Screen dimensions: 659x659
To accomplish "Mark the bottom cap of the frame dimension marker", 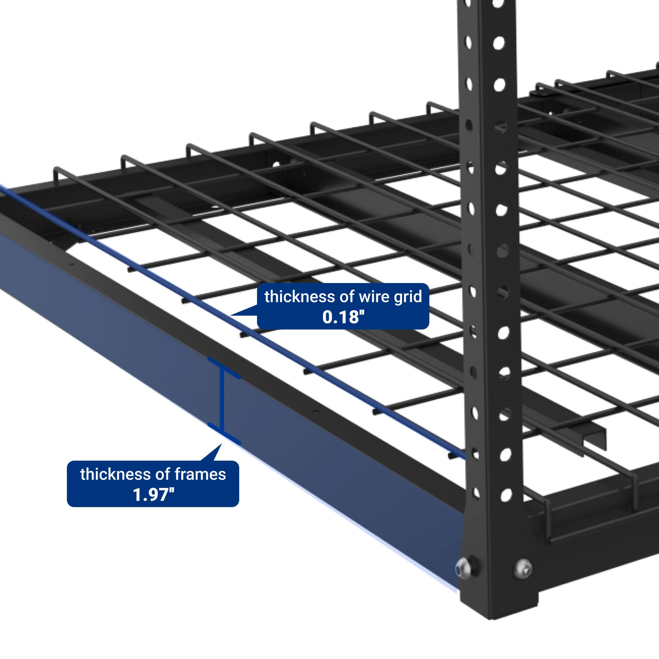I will [x=224, y=434].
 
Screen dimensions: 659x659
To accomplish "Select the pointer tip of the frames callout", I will [x=221, y=445].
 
